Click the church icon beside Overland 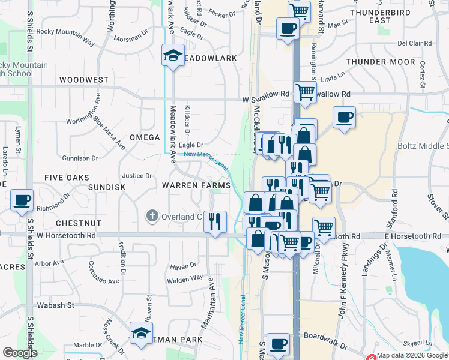coord(152,215)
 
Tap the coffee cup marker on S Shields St coord(22,200)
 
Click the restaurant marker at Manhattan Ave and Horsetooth coord(215,221)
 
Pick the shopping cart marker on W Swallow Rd coord(305,92)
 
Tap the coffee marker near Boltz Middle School coord(344,118)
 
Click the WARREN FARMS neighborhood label coord(196,185)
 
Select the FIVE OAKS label coord(67,178)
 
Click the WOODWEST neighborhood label coord(84,80)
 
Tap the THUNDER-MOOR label coord(380,62)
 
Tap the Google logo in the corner coord(20,353)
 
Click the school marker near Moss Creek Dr coord(140,334)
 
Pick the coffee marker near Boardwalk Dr coord(277,344)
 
